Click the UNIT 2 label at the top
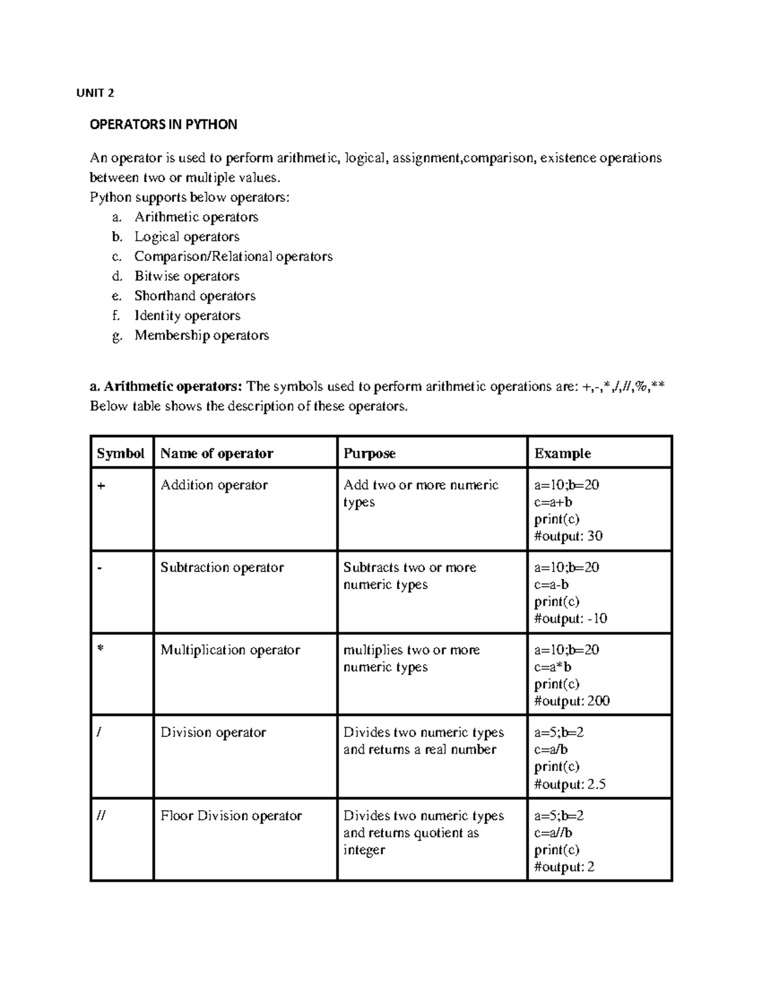pos(95,93)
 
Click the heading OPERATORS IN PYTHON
pos(163,124)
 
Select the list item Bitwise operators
pos(187,276)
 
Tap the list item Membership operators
pos(201,335)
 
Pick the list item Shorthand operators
pos(194,296)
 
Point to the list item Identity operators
pos(187,316)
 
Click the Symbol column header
pos(121,453)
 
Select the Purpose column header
pos(369,453)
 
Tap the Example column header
pos(562,453)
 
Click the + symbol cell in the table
pos(101,486)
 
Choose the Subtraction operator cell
pos(222,568)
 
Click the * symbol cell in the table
pos(100,651)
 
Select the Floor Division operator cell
pos(231,816)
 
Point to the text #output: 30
pos(568,536)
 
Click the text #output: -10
pos(570,619)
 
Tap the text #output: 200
pos(571,702)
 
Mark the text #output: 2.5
pos(570,785)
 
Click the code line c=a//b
pos(553,833)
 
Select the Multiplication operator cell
pos(230,650)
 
